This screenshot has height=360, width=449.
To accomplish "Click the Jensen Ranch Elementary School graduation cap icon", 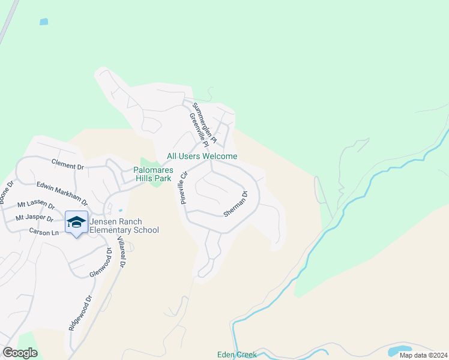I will (76, 222).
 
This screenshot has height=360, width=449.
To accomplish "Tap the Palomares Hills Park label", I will (156, 174).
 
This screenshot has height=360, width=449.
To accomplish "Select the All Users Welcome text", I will (202, 156).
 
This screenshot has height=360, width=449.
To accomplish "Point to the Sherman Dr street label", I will (235, 204).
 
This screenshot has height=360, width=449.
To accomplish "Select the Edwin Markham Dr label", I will (62, 193).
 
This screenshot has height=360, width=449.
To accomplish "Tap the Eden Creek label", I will (237, 355).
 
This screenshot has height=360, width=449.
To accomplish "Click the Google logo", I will (20, 353).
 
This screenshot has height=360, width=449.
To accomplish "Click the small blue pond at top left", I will (43, 22).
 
